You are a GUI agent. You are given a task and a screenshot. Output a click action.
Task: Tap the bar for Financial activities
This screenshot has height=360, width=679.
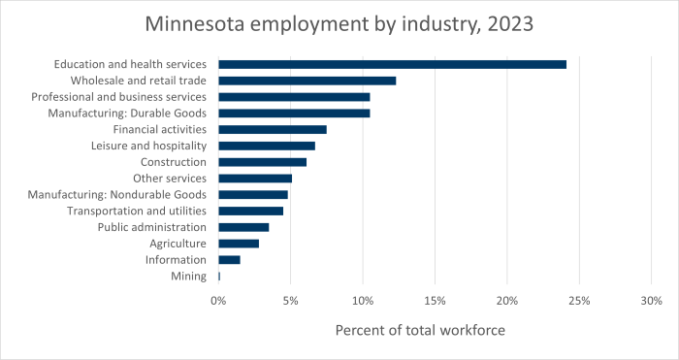[x=273, y=129]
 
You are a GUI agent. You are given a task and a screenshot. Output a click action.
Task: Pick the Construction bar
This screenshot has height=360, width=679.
[x=262, y=162]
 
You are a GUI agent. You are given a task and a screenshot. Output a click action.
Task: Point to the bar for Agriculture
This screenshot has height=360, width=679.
[x=239, y=244]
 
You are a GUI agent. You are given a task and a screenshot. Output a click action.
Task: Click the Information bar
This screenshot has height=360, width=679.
[x=229, y=260]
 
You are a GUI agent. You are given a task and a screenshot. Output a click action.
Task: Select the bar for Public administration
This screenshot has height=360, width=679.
[x=243, y=227]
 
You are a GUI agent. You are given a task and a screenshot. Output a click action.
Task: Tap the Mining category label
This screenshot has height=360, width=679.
[x=188, y=277]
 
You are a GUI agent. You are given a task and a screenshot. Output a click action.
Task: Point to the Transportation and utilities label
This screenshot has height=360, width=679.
[x=137, y=211]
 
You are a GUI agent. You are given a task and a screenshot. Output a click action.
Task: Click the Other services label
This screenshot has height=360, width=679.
[x=170, y=179]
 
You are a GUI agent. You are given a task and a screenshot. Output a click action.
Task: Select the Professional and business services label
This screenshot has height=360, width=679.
[x=119, y=97]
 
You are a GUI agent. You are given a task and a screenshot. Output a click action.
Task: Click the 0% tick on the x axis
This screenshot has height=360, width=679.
[x=218, y=302]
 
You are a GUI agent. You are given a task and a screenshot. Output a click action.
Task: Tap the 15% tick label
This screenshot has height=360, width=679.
[x=435, y=302]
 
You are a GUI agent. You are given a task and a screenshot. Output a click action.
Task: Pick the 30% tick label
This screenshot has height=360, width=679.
[x=651, y=302]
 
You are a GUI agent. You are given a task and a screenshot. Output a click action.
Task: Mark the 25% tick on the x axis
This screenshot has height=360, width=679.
[x=579, y=302]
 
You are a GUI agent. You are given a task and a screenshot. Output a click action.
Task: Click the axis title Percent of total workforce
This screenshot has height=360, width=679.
[x=420, y=331]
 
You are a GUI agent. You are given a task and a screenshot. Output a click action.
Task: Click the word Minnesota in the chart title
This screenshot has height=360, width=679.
[x=197, y=22]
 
